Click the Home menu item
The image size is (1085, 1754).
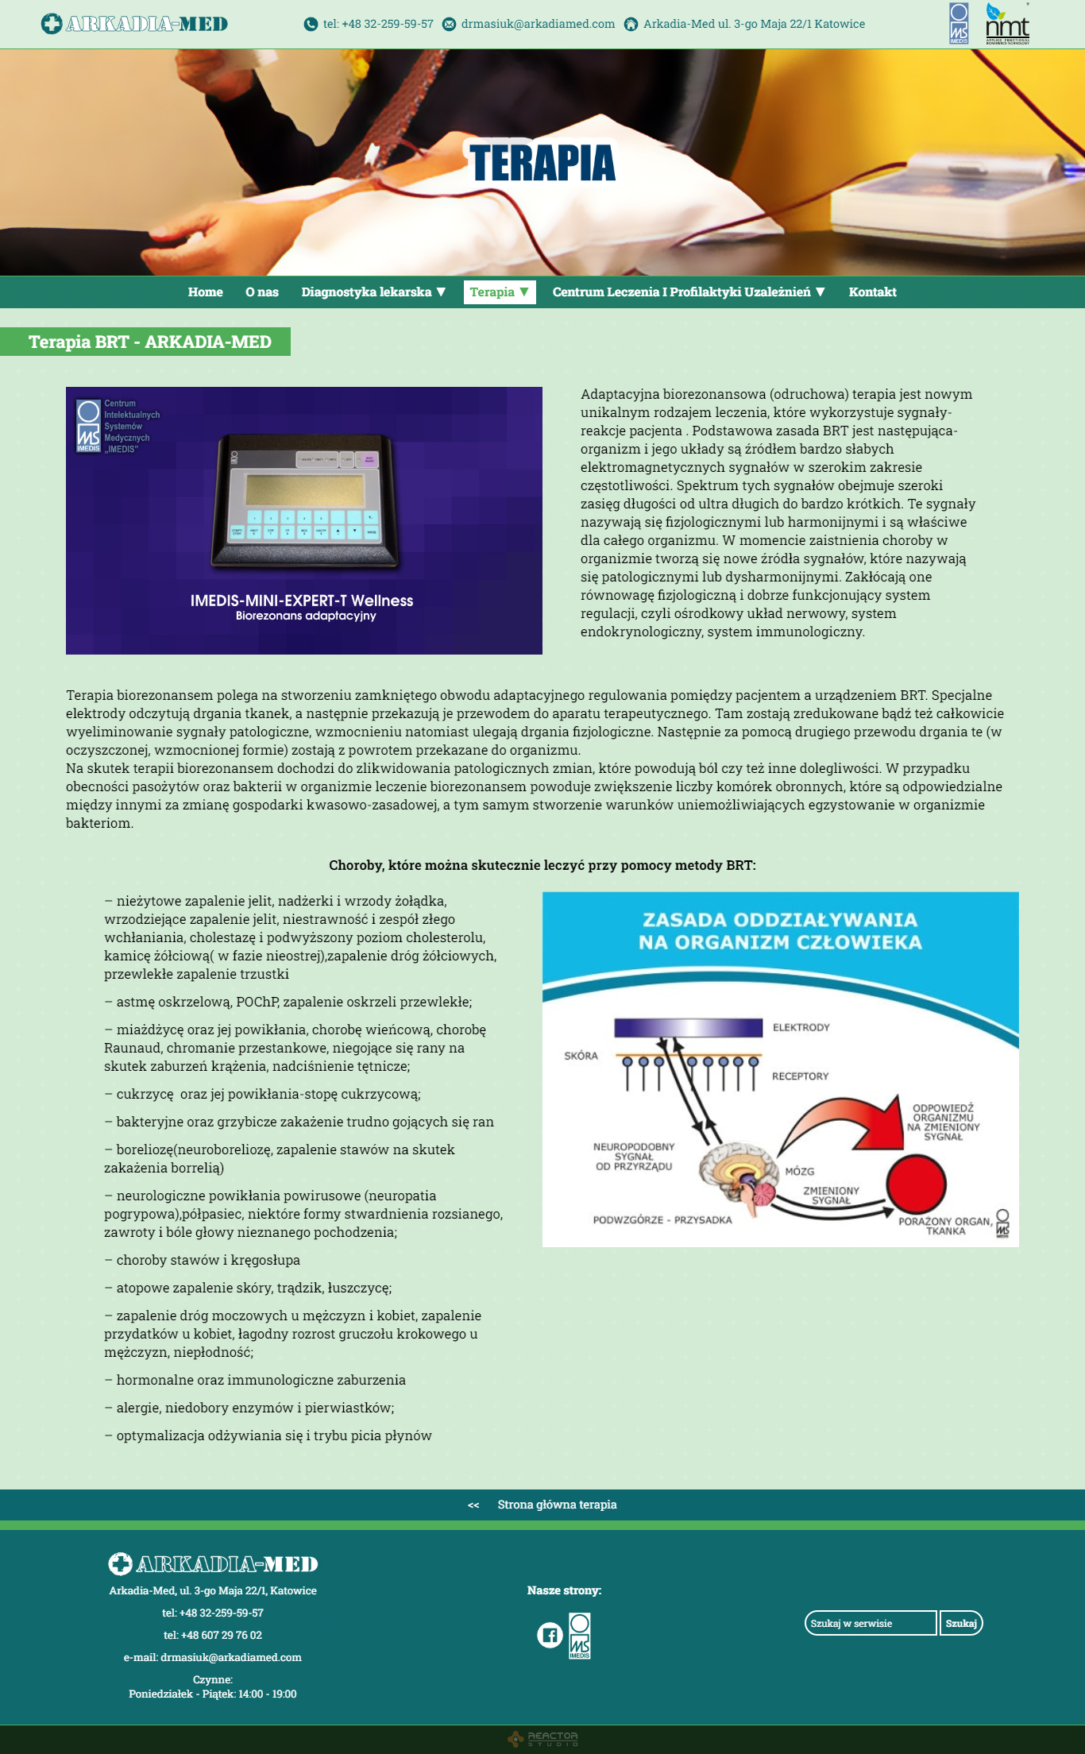[x=205, y=292]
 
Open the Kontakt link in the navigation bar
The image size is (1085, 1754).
[x=872, y=292]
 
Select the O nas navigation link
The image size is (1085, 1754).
[x=262, y=292]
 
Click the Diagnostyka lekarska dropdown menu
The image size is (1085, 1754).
[x=373, y=292]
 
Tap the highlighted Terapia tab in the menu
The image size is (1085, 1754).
[x=499, y=292]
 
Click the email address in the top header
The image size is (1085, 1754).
[x=538, y=24]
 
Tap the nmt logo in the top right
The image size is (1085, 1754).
[x=1007, y=24]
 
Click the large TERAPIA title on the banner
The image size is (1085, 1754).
[x=542, y=163]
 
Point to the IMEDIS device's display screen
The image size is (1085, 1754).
[x=305, y=489]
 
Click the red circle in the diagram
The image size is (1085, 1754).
[x=916, y=1184]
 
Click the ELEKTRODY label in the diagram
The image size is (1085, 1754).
[x=801, y=1028]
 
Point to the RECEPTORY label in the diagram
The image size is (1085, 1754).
[x=800, y=1076]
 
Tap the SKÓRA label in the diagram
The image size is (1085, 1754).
[x=581, y=1056]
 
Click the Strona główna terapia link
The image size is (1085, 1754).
[x=557, y=1505]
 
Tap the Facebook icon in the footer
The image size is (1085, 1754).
[x=550, y=1635]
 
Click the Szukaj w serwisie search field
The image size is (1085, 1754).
[x=871, y=1623]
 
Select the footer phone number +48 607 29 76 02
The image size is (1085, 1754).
[x=213, y=1635]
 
